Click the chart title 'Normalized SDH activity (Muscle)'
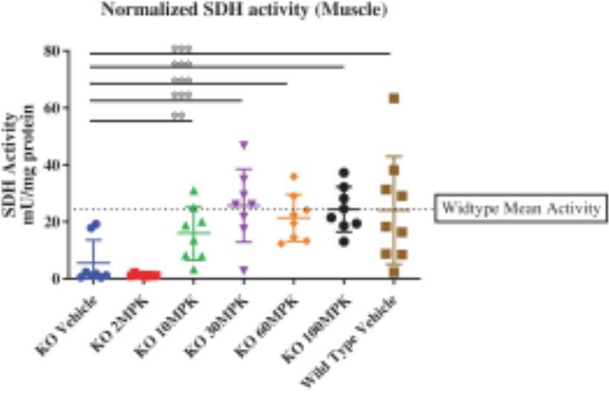coord(233,11)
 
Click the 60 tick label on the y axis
coord(52,108)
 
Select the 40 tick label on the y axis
coord(52,165)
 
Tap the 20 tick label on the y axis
coord(52,221)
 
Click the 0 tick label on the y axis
coord(56,278)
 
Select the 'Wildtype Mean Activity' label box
coord(519,209)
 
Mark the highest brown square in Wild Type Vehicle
coord(394,99)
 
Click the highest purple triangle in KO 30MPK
coord(243,145)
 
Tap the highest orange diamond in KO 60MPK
coord(294,177)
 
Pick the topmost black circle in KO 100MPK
coord(344,172)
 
